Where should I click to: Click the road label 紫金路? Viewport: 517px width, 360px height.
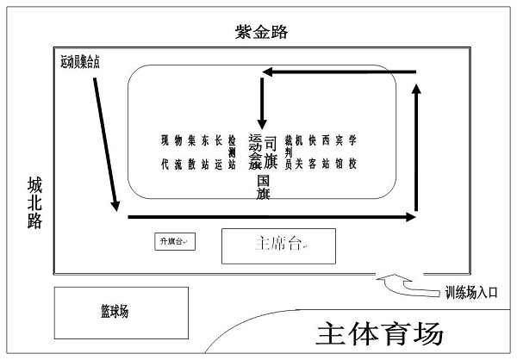coord(261,33)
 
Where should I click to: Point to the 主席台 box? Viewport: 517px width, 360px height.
coord(279,245)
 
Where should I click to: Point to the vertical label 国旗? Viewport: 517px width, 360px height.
coord(264,189)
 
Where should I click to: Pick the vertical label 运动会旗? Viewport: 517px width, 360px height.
coord(254,152)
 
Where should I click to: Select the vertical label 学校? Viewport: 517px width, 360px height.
coord(352,151)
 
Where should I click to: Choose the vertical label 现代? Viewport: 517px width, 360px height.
coord(164,151)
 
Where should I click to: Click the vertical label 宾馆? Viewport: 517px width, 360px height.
coord(339,151)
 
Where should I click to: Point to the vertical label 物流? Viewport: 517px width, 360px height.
coord(178,151)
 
